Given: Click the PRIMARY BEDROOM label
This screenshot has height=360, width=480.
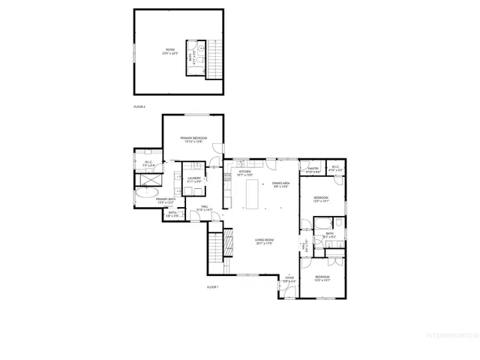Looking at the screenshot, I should (193, 139).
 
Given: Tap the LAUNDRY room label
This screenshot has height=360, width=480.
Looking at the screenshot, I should (193, 179).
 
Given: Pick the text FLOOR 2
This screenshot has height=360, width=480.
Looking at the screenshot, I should (139, 107).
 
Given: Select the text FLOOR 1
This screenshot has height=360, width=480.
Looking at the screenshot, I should (213, 287).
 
